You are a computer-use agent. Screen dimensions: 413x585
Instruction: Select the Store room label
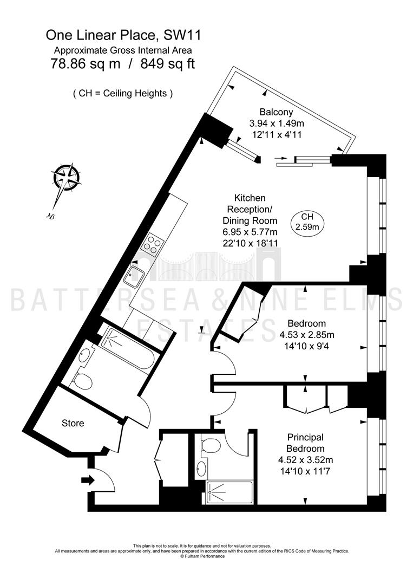point(73,423)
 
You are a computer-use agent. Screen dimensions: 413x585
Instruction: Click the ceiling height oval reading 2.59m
point(307,222)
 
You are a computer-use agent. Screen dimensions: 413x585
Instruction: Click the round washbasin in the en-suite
point(203,469)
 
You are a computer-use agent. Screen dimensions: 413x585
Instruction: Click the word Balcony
point(276,112)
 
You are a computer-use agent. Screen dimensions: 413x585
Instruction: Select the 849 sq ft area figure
point(167,64)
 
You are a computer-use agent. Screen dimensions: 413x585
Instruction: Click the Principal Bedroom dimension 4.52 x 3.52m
point(306,460)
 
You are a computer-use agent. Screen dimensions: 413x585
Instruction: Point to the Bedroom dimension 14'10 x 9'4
point(306,346)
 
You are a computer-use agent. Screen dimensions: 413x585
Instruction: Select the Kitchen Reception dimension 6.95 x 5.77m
point(250,232)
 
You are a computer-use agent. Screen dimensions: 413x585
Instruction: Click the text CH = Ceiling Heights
point(123,93)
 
